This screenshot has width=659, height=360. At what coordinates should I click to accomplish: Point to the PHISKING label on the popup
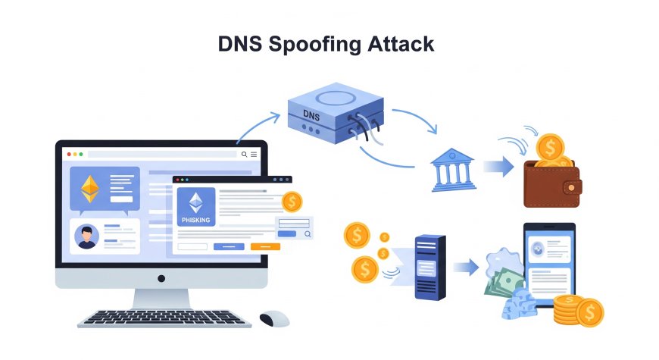(x=196, y=220)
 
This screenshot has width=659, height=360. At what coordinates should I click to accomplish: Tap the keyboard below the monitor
(x=164, y=317)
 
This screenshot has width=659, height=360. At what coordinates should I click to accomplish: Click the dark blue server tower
(x=429, y=267)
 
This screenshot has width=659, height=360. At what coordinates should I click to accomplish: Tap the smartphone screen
(x=549, y=262)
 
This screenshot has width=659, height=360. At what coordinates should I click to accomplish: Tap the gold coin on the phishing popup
(x=291, y=202)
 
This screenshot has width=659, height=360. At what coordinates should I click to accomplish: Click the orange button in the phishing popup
(x=265, y=246)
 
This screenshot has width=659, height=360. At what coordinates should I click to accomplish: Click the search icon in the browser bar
(x=244, y=154)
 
